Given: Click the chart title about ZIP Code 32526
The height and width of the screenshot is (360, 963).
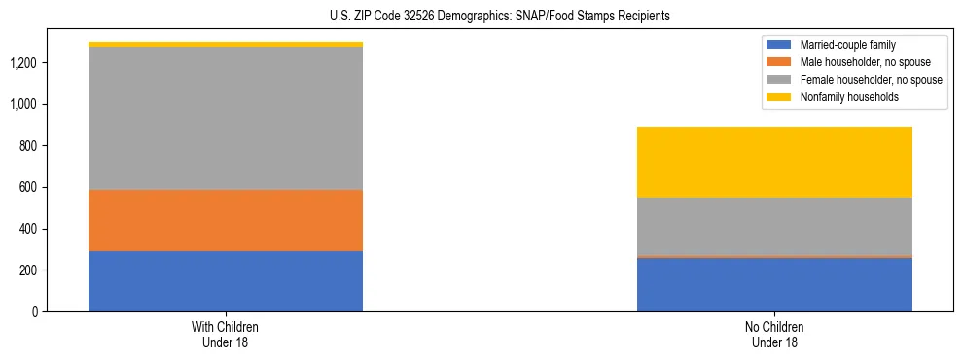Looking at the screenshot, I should point(482,17).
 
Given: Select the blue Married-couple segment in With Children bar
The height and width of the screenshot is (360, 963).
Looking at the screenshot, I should point(226,281).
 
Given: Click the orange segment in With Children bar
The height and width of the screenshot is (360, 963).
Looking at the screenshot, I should point(226,220).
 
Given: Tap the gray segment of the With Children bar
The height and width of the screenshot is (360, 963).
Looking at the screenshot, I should point(226,118).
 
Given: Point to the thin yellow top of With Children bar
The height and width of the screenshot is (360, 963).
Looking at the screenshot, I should point(226,44).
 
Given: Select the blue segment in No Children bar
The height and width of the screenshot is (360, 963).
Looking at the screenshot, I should point(774,284).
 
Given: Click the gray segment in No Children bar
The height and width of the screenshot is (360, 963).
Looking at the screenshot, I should point(774,227).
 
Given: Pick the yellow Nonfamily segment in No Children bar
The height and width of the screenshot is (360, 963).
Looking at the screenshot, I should point(774,162).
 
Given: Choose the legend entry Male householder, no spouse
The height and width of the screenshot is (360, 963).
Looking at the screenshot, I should point(856,62).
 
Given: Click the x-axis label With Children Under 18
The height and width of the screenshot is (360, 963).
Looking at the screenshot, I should point(226,334).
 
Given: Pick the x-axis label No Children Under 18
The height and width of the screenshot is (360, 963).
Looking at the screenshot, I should point(774,334).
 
